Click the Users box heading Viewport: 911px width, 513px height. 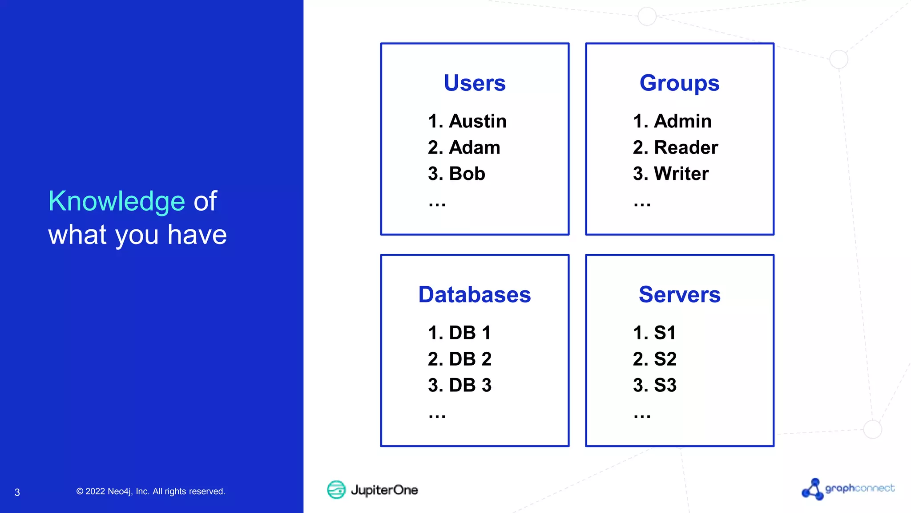475,83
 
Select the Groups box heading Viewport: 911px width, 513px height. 679,83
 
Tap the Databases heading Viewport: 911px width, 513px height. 475,295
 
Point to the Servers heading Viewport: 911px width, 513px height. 679,295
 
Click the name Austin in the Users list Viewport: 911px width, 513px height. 478,121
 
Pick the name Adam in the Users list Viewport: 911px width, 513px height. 475,147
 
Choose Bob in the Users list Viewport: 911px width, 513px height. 467,174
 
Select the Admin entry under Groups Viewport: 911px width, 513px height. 683,121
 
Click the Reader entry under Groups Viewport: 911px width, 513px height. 686,147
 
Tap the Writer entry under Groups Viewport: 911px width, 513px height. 681,174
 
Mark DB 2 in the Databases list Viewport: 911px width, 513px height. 470,359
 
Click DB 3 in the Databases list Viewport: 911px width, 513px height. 470,385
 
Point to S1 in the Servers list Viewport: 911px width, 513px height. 665,333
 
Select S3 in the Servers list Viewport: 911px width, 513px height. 665,385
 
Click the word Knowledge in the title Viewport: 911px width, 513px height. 117,201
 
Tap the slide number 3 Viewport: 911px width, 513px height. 17,493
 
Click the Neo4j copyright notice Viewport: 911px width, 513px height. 151,492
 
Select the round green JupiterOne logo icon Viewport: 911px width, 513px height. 336,490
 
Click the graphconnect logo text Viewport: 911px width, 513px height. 859,489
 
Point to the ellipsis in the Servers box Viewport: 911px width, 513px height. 642,416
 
